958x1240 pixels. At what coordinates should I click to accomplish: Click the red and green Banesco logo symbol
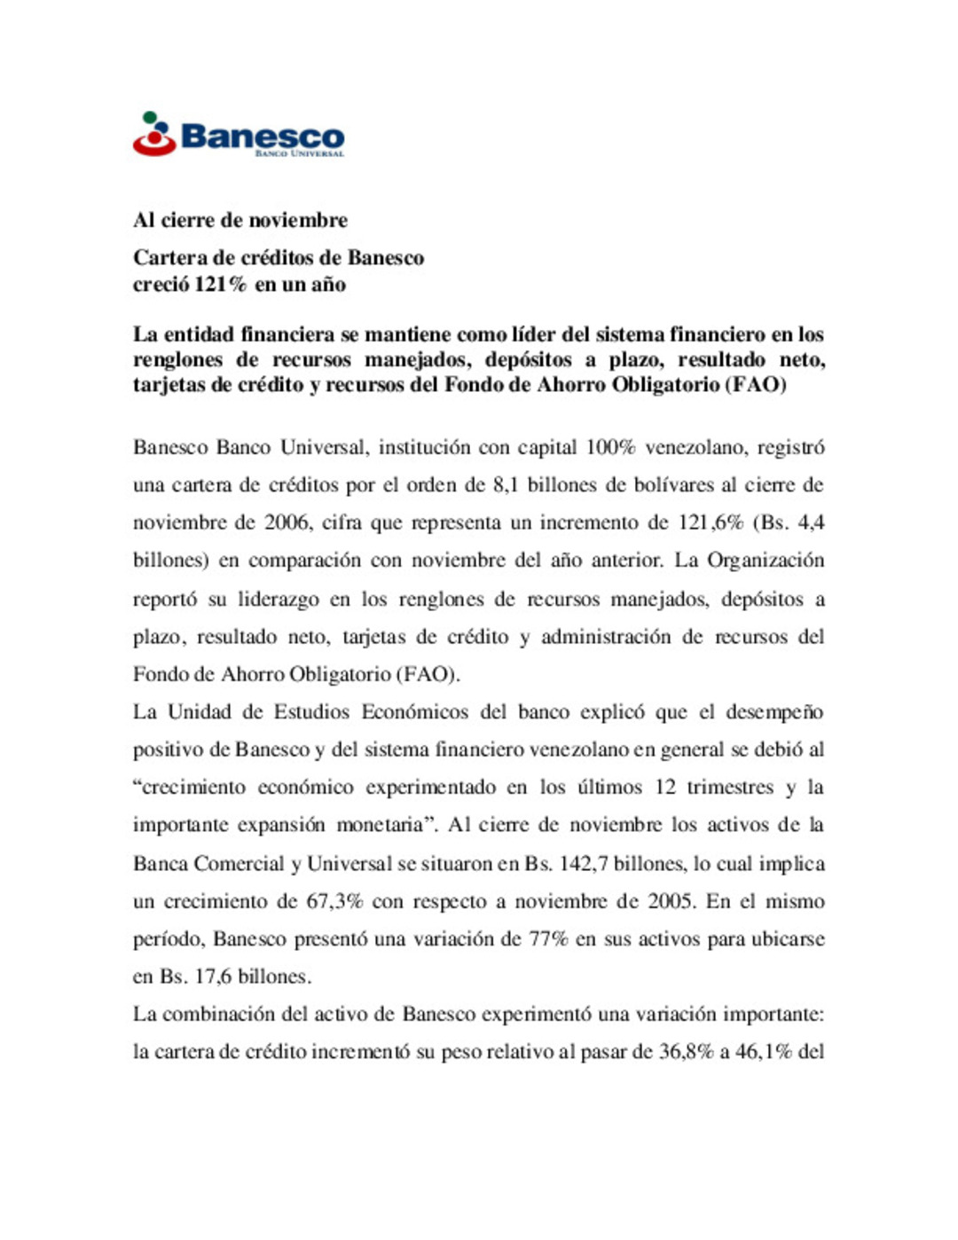(154, 134)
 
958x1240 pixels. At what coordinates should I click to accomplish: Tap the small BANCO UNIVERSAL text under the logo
(299, 153)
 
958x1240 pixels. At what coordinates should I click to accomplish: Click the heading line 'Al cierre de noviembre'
(239, 220)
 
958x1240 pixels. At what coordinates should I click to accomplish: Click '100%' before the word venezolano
(610, 447)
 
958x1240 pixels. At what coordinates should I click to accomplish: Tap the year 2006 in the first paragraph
(287, 522)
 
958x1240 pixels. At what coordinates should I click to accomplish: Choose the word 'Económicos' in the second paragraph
(415, 712)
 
